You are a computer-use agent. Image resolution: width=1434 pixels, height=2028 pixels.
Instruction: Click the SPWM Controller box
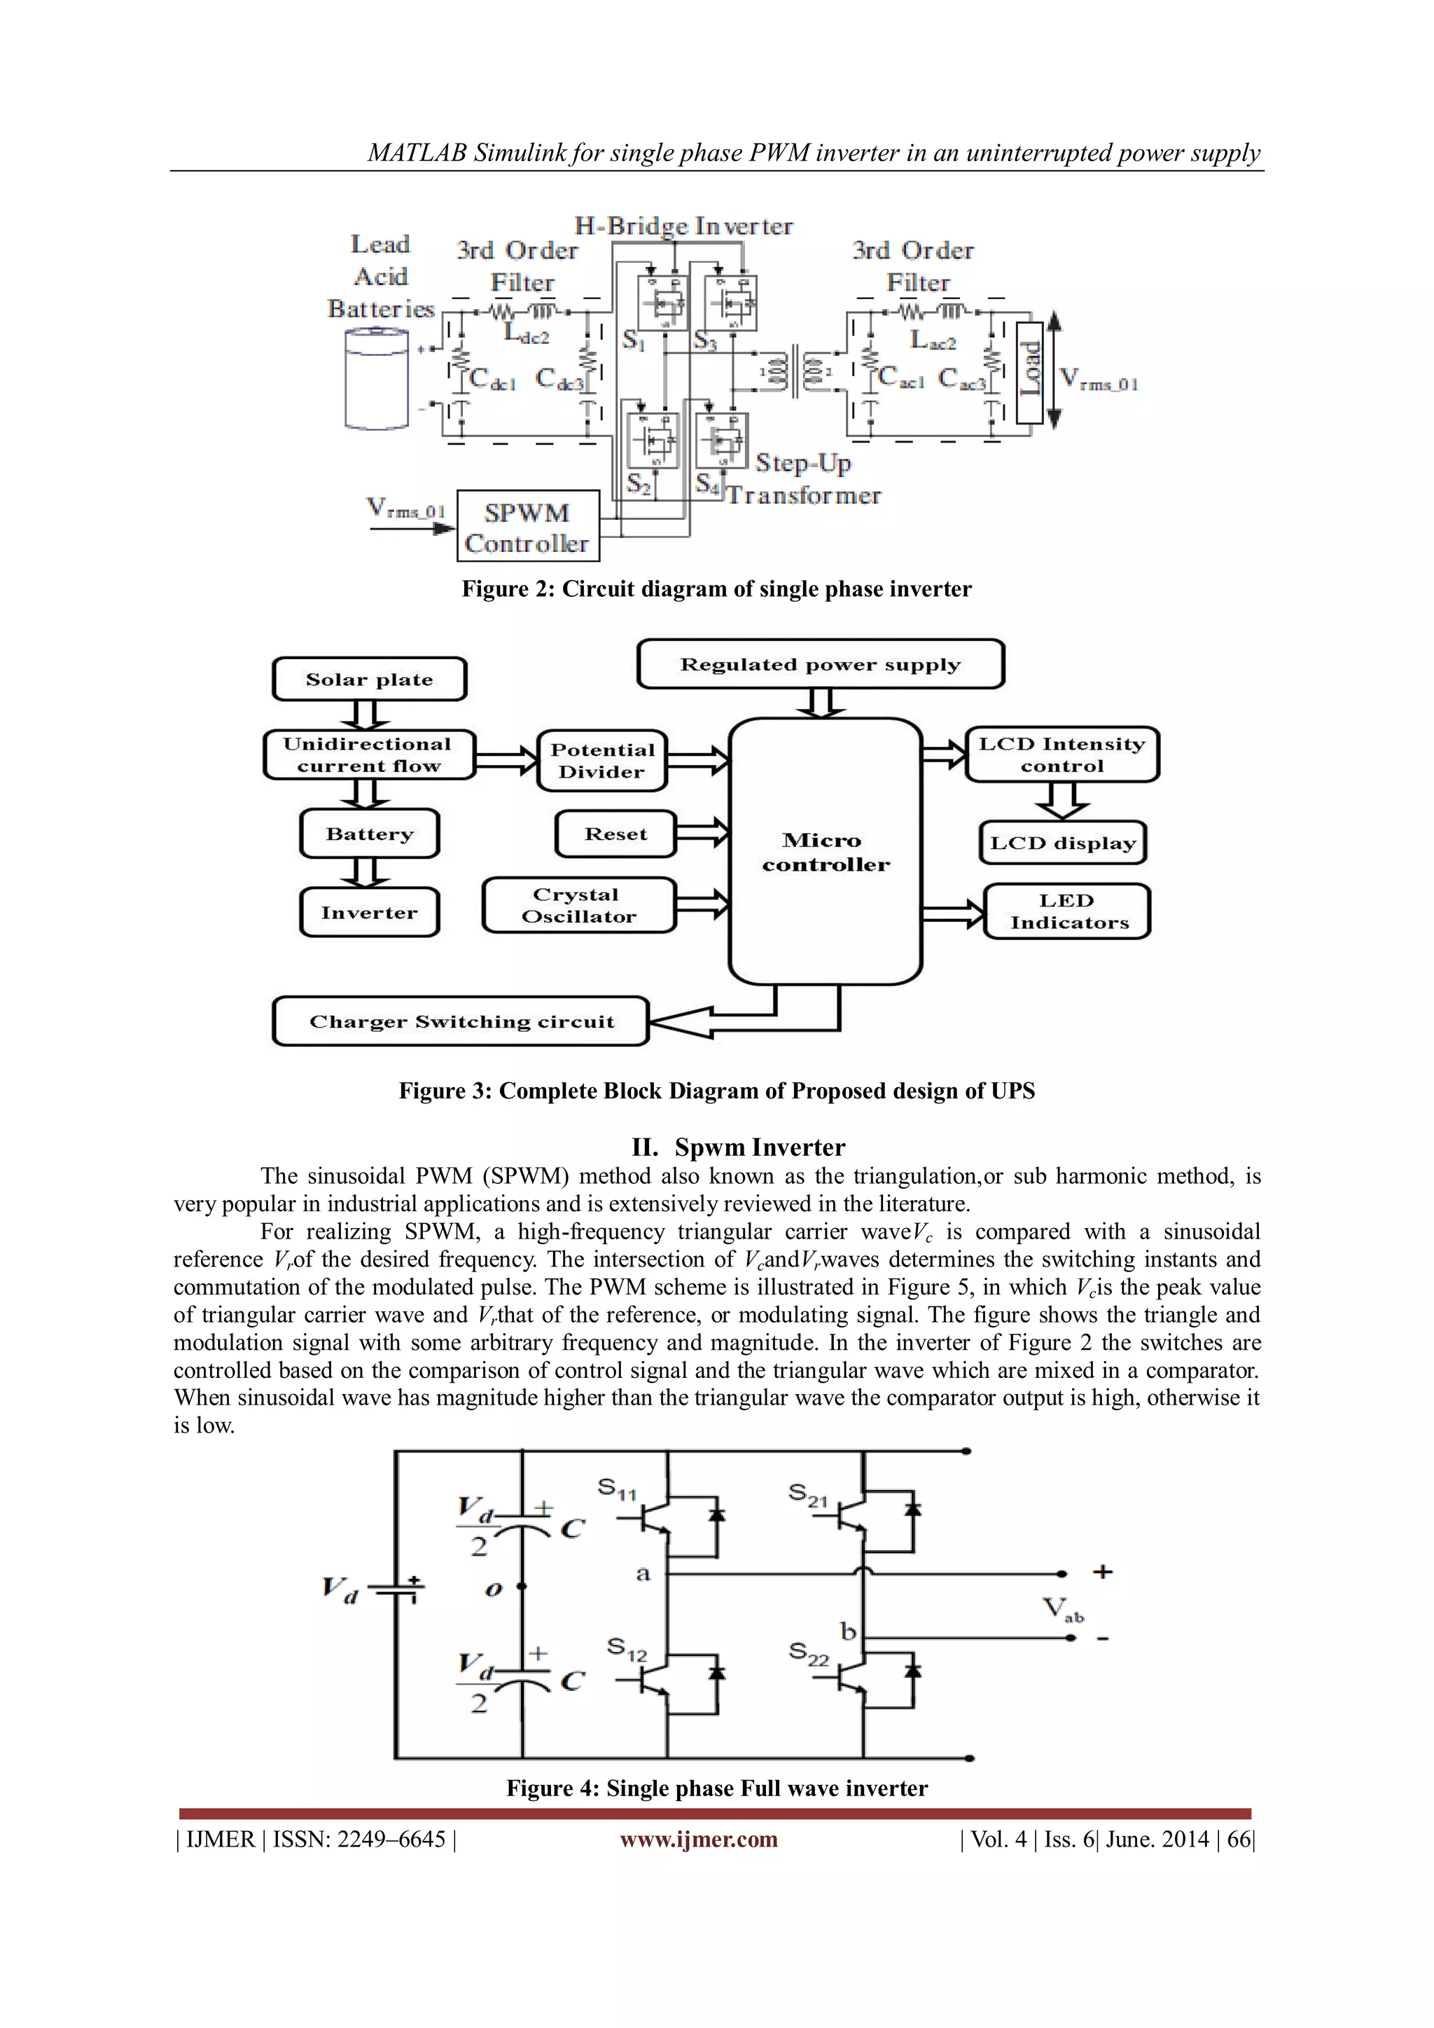(528, 526)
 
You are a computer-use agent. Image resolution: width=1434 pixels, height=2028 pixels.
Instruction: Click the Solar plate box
(369, 680)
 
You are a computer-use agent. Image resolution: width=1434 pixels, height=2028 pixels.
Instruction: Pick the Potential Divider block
(602, 761)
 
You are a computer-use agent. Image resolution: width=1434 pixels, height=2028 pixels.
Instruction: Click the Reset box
(615, 834)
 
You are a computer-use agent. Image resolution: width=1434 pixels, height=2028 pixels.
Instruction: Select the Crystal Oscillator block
(578, 905)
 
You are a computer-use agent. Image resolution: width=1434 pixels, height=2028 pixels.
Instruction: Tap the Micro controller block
(826, 851)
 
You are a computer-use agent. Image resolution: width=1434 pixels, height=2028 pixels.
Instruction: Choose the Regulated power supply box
(821, 664)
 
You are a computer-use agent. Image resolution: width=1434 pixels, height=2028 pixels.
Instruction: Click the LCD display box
(1062, 843)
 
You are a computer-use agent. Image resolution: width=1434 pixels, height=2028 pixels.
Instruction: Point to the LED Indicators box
(1068, 911)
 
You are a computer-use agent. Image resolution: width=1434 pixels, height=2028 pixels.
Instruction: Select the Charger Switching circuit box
(461, 1022)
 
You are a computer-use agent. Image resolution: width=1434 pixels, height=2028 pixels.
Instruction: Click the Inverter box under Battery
(369, 912)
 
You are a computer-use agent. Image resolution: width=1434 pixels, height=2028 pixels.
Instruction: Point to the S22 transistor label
(808, 1653)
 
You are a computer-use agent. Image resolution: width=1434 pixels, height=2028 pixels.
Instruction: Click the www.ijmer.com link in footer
(699, 1839)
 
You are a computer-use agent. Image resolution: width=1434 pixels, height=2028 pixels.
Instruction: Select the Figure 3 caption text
(716, 1091)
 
